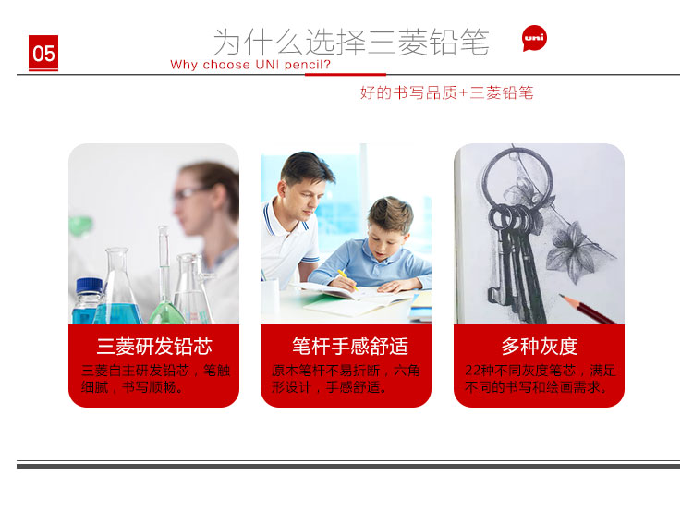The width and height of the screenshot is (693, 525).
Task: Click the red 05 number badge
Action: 43,53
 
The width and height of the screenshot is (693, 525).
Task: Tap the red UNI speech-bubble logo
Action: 534,38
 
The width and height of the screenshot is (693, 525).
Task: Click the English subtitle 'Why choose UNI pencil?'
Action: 250,65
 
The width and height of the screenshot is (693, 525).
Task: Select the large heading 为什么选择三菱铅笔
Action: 351,42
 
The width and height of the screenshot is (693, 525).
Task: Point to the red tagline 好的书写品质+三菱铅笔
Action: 447,92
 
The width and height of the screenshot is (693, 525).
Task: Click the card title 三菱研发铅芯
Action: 154,347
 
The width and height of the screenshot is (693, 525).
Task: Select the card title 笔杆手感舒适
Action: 350,347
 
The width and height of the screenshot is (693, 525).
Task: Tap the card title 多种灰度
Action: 540,347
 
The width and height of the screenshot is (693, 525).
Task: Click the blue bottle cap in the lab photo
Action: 90,286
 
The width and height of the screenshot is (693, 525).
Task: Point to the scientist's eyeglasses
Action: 189,193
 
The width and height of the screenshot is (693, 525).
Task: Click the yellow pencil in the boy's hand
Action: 347,279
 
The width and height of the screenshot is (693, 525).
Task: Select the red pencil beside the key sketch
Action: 588,309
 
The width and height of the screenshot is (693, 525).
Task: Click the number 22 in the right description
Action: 472,371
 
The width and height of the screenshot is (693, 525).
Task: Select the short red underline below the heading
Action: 346,74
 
